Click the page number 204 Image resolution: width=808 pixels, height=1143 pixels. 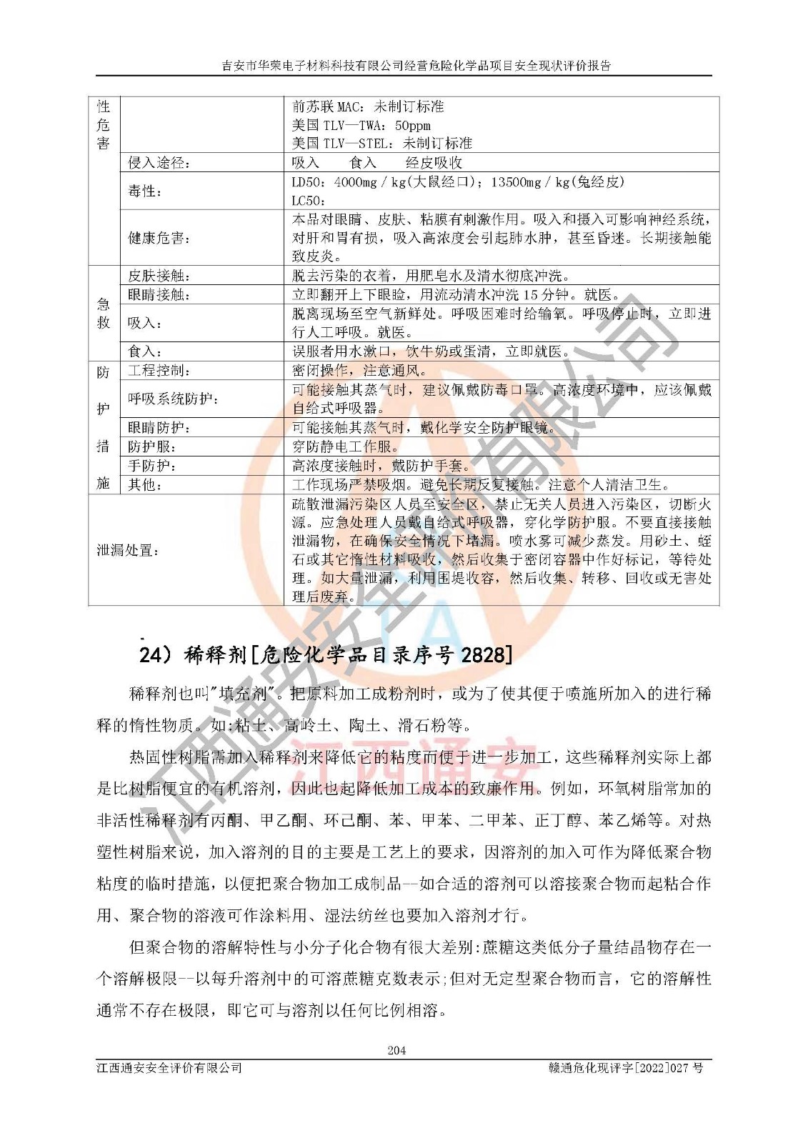point(396,1050)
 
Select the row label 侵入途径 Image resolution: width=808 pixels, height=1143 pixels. point(159,163)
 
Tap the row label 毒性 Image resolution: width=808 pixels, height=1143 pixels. point(144,191)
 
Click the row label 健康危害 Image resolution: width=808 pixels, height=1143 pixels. point(159,238)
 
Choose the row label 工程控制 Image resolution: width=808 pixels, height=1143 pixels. point(159,371)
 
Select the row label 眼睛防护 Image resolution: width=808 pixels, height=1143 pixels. point(159,428)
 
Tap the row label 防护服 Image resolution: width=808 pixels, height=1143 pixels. point(151,447)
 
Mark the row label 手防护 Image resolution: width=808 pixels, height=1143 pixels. point(151,466)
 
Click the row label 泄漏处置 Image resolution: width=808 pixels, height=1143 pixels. point(128,551)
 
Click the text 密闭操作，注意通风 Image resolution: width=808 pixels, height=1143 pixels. point(360,371)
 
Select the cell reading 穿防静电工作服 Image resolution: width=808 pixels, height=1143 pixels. point(346,447)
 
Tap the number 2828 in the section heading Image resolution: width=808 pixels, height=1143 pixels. point(483,654)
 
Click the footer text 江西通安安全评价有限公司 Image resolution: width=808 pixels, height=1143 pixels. point(169,1068)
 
